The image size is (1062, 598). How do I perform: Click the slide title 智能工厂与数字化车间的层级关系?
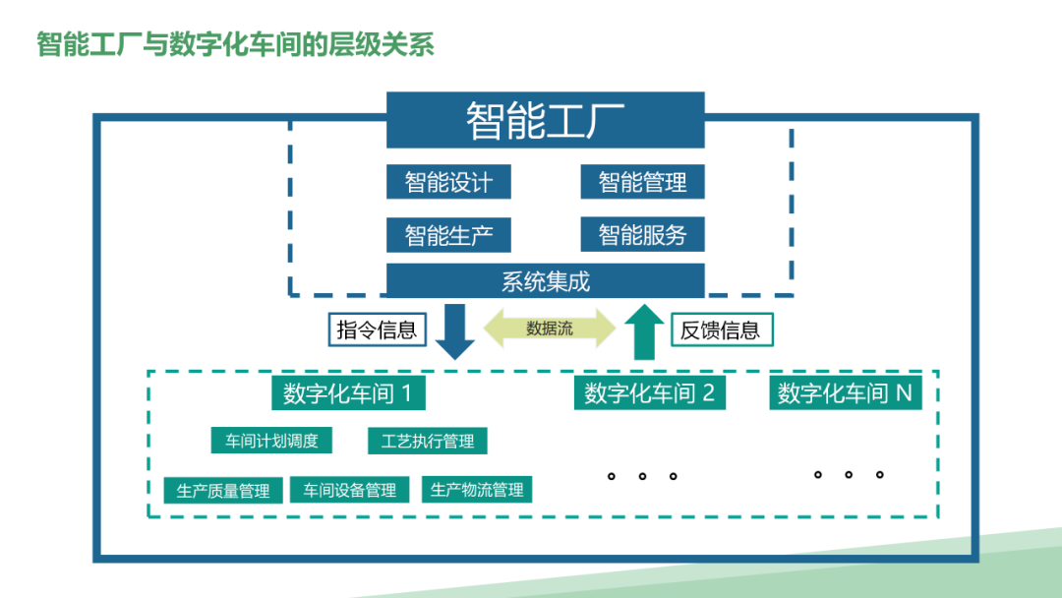[x=236, y=44]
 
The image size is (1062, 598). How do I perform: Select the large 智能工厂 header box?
[x=545, y=120]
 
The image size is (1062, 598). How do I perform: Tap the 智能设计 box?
[x=448, y=182]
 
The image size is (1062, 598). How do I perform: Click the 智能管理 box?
[x=642, y=182]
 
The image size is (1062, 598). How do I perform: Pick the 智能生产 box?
[x=448, y=235]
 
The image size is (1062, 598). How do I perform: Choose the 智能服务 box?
[x=642, y=235]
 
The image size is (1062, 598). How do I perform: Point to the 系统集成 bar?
[x=545, y=281]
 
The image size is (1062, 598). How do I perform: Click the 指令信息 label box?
[x=377, y=329]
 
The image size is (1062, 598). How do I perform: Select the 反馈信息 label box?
[x=721, y=329]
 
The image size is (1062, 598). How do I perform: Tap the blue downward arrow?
[x=454, y=330]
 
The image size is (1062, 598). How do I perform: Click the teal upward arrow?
[x=644, y=331]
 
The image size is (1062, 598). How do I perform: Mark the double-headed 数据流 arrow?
[x=549, y=329]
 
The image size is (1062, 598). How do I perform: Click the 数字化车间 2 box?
[x=649, y=394]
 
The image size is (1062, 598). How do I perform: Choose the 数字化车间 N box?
[x=845, y=394]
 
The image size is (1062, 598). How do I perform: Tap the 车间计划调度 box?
[x=271, y=441]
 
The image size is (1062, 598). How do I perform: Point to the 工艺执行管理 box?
[x=427, y=441]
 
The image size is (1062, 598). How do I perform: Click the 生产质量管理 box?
[x=223, y=490]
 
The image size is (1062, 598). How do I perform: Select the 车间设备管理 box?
[x=349, y=490]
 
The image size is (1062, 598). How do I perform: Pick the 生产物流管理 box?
[x=477, y=490]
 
